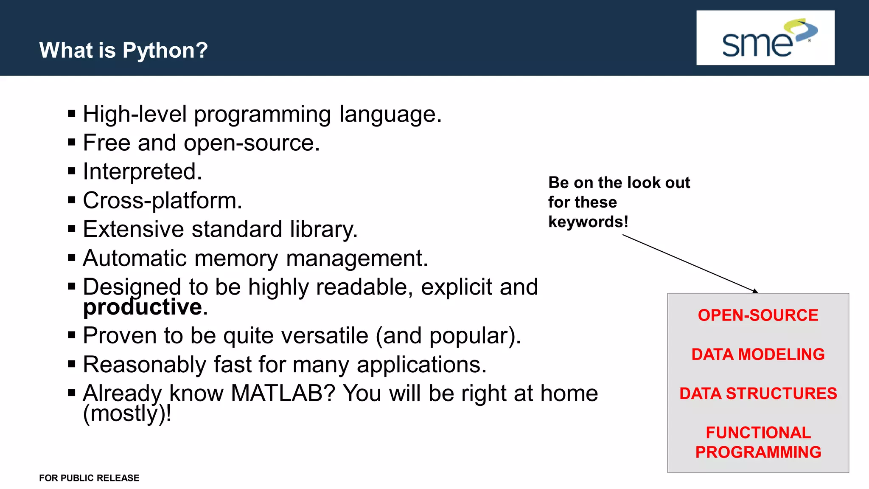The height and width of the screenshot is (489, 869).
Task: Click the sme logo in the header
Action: [765, 38]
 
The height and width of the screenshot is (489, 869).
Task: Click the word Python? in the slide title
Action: [165, 51]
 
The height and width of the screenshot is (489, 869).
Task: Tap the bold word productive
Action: [143, 307]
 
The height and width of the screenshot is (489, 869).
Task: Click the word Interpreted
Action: [142, 171]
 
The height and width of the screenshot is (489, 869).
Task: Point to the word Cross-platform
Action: [162, 200]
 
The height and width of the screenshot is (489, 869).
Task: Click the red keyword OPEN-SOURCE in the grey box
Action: [758, 315]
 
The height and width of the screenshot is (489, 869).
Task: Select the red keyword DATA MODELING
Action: [758, 354]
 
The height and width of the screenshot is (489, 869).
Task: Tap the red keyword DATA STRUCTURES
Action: [758, 393]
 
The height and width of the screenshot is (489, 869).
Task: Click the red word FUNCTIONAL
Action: [758, 433]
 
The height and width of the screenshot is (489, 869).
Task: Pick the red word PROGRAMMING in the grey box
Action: [758, 452]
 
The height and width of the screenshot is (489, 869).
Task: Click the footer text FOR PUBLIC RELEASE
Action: [89, 478]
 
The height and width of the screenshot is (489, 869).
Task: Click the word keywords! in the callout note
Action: [588, 222]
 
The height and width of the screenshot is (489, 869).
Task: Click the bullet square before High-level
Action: [72, 114]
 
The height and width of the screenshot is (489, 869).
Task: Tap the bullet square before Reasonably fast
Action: [72, 364]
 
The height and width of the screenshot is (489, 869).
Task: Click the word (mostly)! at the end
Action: [127, 413]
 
